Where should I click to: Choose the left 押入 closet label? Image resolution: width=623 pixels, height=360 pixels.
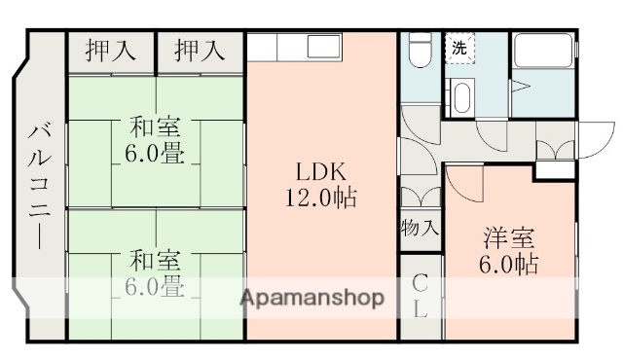click(x=110, y=51)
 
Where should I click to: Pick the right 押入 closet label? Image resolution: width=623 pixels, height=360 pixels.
click(x=200, y=51)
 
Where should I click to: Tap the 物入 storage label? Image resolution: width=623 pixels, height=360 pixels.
click(x=420, y=230)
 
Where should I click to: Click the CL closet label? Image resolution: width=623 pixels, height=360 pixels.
click(x=421, y=297)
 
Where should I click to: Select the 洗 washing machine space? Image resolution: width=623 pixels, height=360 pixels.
click(x=458, y=49)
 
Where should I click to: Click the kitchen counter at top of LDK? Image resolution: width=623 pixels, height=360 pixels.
click(x=291, y=46)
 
